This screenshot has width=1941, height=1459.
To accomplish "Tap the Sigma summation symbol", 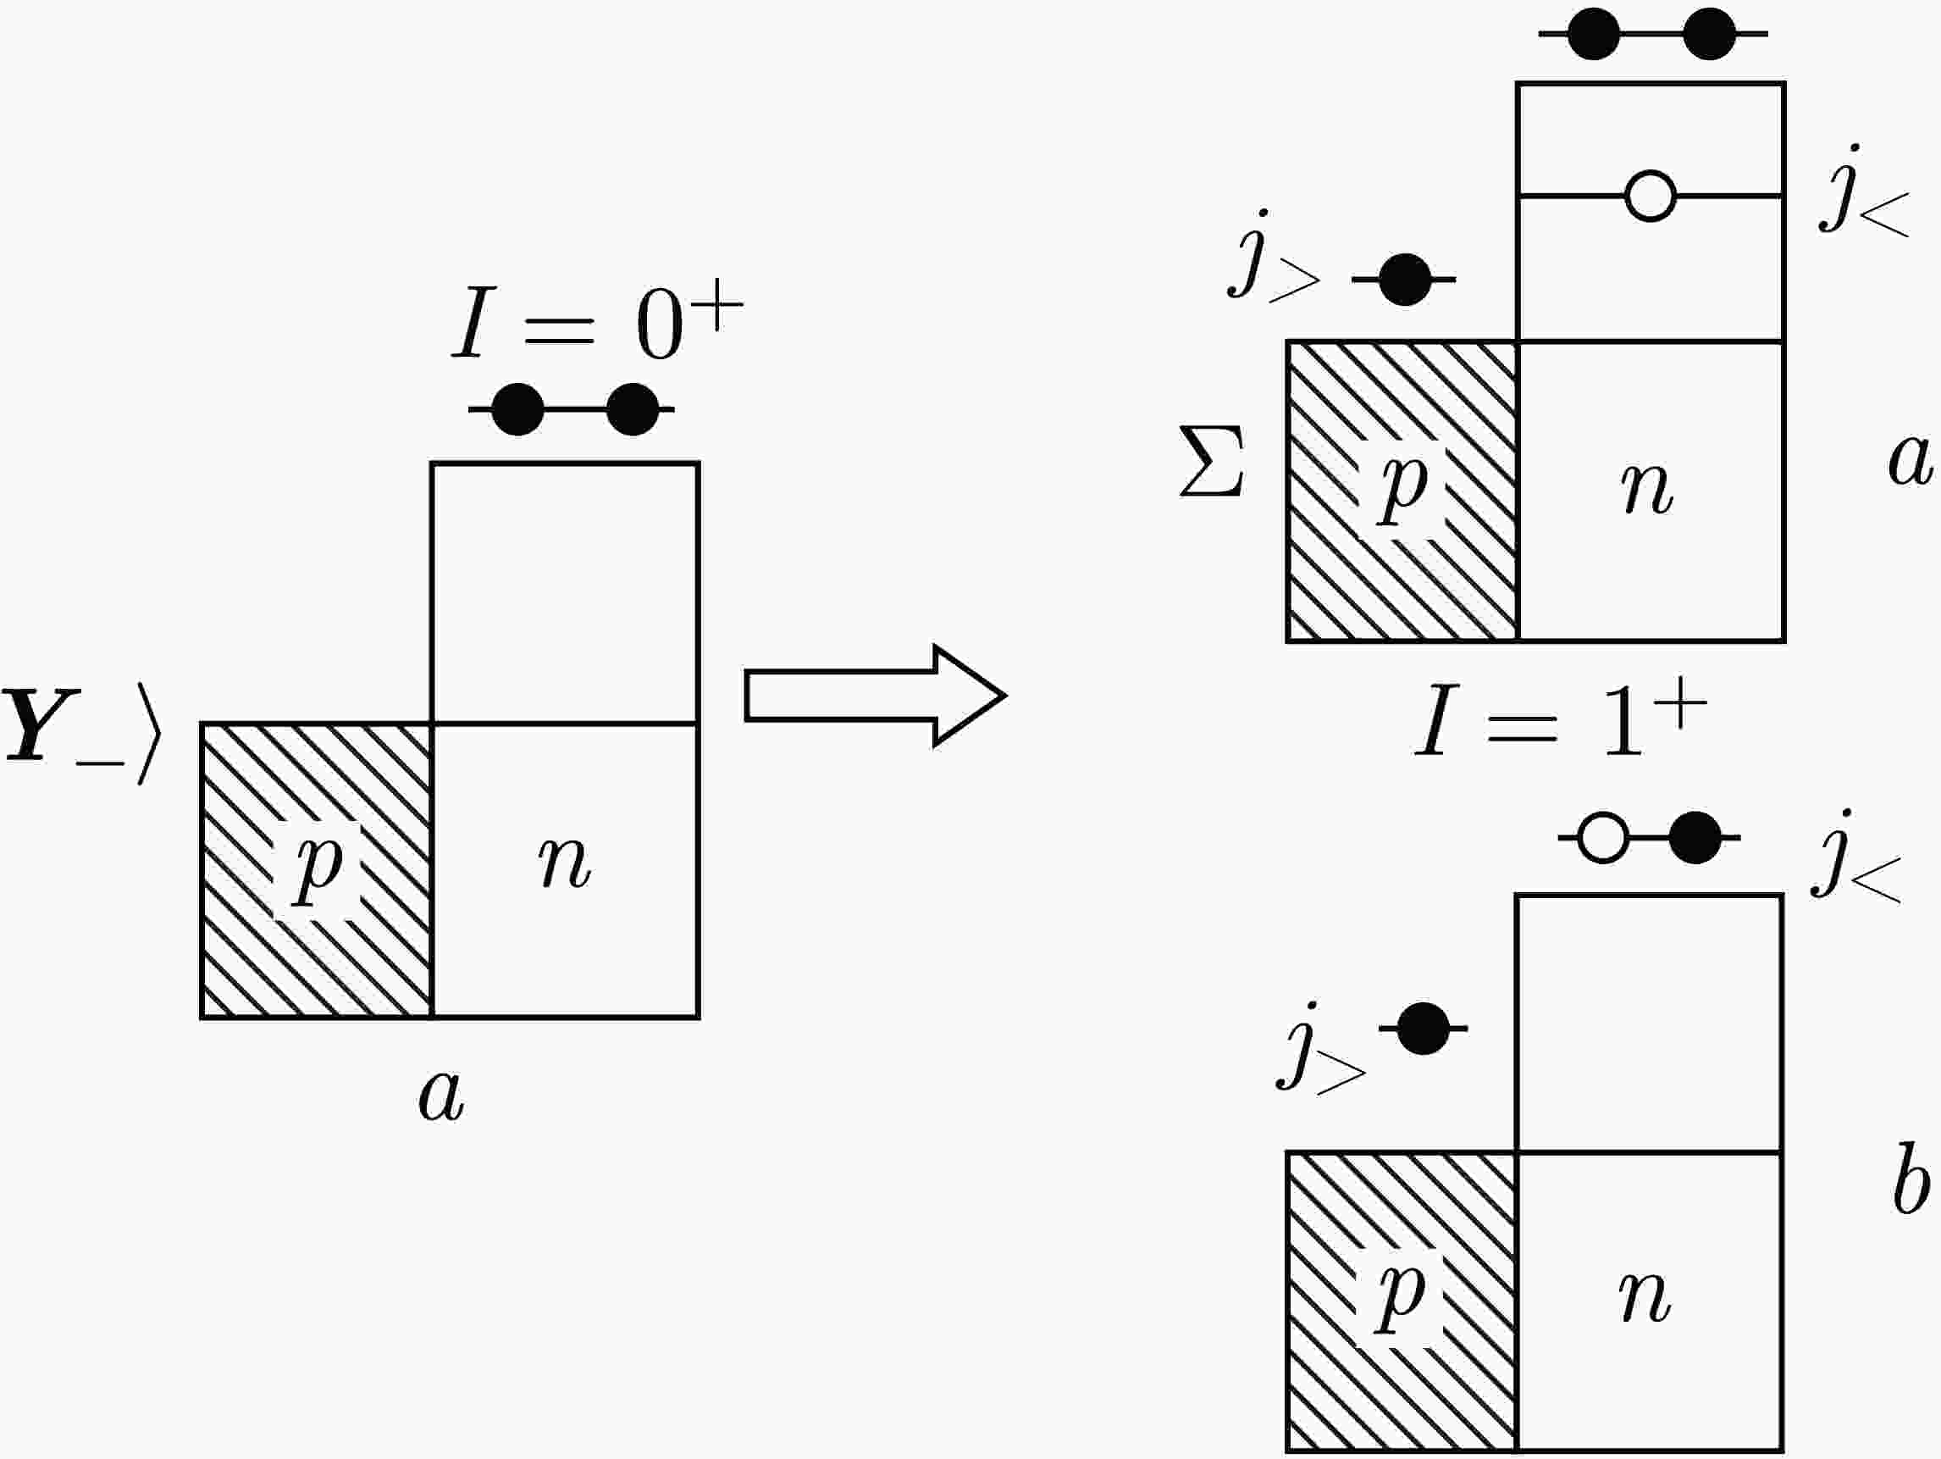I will pyautogui.click(x=1211, y=462).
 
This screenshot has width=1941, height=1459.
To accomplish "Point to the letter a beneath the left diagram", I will pyautogui.click(x=441, y=1096).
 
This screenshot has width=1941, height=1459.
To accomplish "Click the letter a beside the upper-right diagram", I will pyautogui.click(x=1911, y=460).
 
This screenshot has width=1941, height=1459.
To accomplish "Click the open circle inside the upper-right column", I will pyautogui.click(x=1650, y=196).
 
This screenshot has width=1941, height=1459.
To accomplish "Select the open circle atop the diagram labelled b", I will pyautogui.click(x=1602, y=838).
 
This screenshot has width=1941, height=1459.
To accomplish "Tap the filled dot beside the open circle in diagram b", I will pyautogui.click(x=1695, y=838).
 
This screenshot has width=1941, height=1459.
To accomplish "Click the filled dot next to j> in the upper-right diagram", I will pyautogui.click(x=1405, y=279).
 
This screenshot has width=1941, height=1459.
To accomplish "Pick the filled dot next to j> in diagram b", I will pyautogui.click(x=1423, y=1028).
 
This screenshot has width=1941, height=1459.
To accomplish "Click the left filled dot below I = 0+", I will pyautogui.click(x=517, y=409).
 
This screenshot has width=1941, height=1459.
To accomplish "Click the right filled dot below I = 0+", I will pyautogui.click(x=632, y=409).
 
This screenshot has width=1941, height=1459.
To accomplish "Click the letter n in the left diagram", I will pyautogui.click(x=565, y=863).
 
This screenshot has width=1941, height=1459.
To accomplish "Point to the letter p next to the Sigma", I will pyautogui.click(x=1403, y=487).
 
